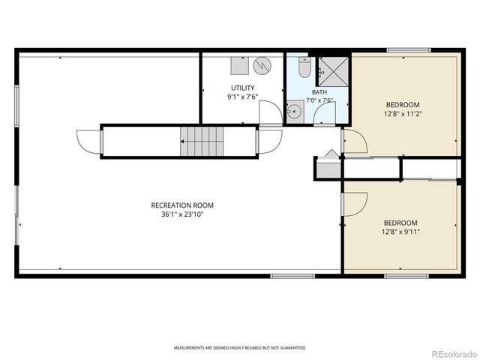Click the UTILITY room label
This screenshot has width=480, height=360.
click(x=242, y=88)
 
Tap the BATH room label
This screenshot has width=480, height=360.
click(x=319, y=91)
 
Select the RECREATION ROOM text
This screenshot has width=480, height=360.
click(x=182, y=205)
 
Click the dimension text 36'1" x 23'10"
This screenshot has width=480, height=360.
click(x=182, y=214)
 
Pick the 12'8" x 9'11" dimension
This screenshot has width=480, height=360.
click(x=400, y=232)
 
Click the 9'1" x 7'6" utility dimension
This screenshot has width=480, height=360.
click(x=242, y=97)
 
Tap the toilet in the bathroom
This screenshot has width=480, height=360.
click(x=304, y=67)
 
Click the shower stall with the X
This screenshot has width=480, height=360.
click(x=334, y=72)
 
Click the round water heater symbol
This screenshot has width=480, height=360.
click(x=262, y=65)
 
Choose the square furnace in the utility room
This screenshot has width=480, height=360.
click(x=240, y=65)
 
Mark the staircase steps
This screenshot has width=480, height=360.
click(x=202, y=142)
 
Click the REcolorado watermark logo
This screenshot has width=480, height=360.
click(x=454, y=354)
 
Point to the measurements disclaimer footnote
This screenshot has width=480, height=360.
click(x=240, y=348)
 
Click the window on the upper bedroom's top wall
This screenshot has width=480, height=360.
click(x=408, y=50)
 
